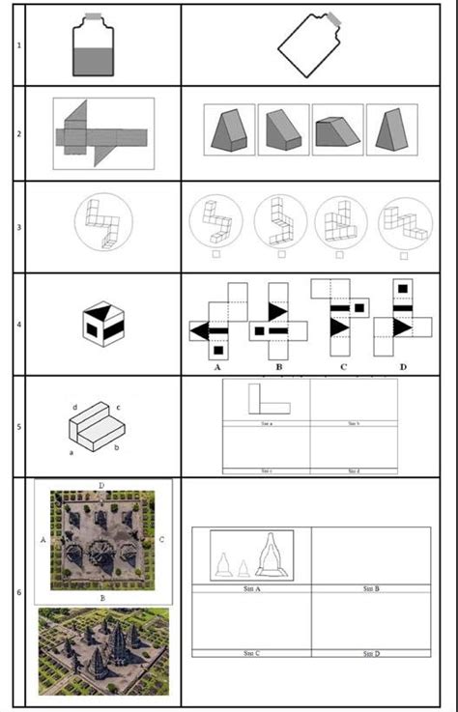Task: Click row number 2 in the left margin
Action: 18,133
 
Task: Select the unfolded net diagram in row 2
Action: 104,132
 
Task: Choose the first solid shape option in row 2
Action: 229,128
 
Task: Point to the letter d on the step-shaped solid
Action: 74,408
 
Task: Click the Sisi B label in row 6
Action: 370,587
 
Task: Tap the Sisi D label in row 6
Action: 370,654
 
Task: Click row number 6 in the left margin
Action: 18,591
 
